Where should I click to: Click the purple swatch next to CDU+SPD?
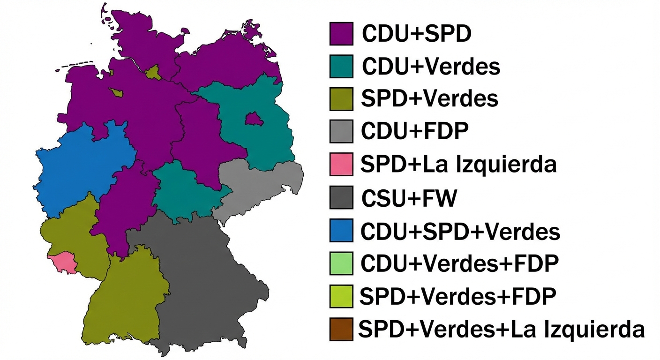(341, 34)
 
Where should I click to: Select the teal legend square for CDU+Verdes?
(341, 67)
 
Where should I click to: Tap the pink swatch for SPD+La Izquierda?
(341, 165)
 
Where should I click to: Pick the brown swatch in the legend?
(341, 329)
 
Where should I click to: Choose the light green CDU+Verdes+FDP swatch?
(341, 263)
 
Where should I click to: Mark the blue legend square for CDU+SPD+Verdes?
(341, 231)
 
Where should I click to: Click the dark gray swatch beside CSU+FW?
(341, 198)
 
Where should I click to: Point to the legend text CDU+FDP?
(414, 132)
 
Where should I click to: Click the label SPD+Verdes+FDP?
(457, 296)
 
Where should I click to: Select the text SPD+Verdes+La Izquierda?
(501, 329)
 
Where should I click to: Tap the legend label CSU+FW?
(408, 199)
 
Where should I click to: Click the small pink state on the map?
(63, 262)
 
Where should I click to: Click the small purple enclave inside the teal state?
(253, 119)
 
